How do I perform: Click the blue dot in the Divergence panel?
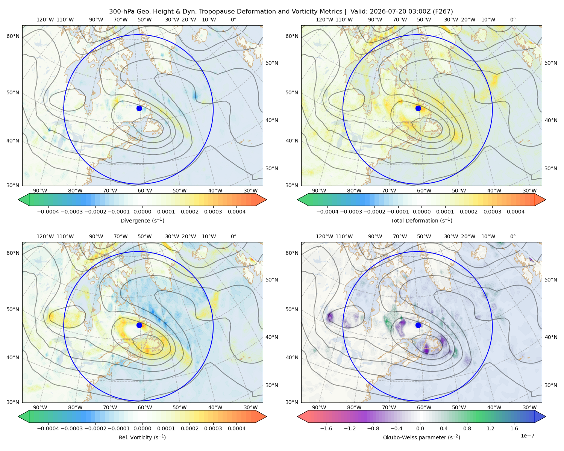(x=139, y=108)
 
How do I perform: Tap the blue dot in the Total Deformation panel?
(x=418, y=108)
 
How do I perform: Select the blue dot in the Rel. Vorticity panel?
(x=139, y=325)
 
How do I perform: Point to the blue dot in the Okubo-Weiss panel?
(x=418, y=325)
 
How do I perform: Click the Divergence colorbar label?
(x=142, y=220)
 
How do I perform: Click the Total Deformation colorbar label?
(x=421, y=220)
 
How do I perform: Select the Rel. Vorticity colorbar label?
(x=142, y=437)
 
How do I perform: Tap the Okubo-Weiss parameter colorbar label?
(x=421, y=437)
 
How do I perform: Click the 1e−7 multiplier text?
(x=527, y=436)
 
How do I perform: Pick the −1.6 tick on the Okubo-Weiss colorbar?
(x=326, y=428)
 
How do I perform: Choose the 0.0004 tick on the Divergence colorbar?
(x=237, y=212)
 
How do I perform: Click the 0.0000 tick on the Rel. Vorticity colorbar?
(x=142, y=428)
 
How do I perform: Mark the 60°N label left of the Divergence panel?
(x=13, y=36)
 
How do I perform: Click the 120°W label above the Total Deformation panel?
(x=324, y=20)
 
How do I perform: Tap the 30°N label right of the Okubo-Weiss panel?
(x=551, y=385)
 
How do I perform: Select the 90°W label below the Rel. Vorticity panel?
(x=40, y=407)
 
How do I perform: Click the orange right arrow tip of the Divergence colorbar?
(x=266, y=200)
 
